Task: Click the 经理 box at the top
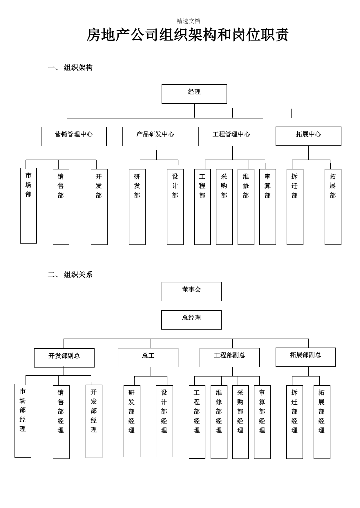194,94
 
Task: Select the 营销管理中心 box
74,136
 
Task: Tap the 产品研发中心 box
155,136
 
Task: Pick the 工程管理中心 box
231,136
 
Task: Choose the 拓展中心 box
308,136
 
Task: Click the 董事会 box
191,292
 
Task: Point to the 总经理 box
191,320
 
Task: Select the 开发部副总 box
64,358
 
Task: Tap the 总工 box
148,357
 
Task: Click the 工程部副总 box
230,357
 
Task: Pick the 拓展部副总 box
305,357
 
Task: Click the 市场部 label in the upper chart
28,185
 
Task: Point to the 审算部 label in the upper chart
267,186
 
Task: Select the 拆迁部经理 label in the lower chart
294,411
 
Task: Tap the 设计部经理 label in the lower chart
164,411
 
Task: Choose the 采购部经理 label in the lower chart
240,411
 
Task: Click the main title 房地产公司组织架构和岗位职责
188,35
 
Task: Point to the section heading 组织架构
78,68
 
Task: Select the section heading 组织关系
78,275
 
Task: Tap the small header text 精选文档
188,21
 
